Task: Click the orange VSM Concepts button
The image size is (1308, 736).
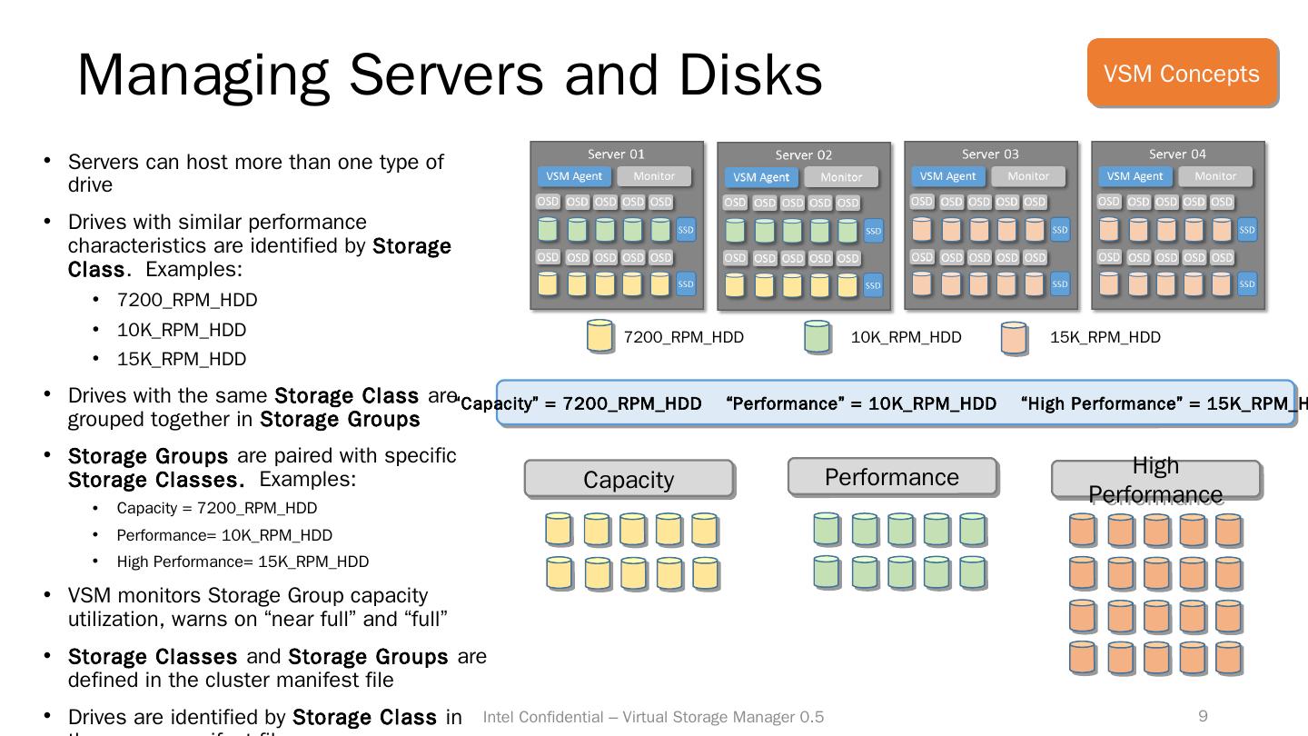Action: point(1182,73)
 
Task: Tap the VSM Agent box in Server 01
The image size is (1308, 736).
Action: point(574,176)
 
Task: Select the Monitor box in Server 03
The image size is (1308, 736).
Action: point(1028,176)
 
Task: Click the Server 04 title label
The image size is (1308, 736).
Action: point(1177,154)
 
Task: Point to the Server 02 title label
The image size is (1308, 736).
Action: point(803,155)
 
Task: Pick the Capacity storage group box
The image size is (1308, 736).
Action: point(629,479)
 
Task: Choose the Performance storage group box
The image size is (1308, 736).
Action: point(892,477)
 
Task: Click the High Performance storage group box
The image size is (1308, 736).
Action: point(1155,479)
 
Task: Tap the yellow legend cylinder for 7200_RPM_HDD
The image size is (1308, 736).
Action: point(599,336)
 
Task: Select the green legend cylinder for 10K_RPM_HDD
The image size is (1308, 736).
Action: point(817,336)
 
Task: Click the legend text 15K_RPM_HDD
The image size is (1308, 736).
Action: point(1105,337)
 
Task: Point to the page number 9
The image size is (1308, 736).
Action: point(1203,716)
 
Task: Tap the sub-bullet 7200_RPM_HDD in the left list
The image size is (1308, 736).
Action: point(187,300)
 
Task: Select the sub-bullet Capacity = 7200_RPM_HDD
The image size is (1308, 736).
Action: point(217,508)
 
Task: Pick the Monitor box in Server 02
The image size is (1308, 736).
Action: point(841,177)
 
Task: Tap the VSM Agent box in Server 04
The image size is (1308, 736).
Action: point(1135,176)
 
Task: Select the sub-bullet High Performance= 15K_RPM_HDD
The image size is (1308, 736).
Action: point(243,562)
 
